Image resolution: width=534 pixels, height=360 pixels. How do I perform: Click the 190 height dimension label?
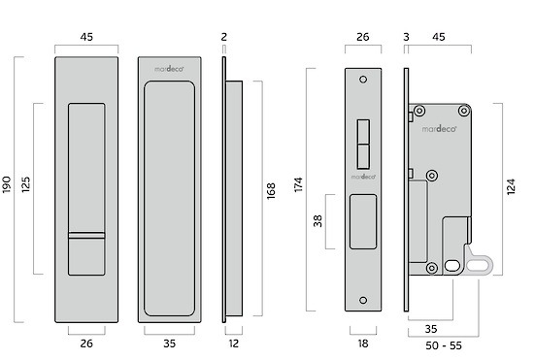click(7, 184)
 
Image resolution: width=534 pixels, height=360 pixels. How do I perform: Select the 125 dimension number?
click(26, 184)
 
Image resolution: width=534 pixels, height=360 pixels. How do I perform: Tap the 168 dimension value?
click(271, 191)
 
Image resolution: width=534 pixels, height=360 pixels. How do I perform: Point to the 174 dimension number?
click(298, 184)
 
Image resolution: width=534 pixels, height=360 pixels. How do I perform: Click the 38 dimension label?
click(317, 221)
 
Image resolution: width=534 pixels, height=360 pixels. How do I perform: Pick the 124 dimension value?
click(511, 187)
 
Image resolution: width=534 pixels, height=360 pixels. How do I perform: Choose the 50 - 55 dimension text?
click(444, 345)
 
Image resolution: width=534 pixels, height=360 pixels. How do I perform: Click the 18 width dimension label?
click(363, 344)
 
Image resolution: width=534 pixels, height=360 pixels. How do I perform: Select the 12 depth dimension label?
click(234, 344)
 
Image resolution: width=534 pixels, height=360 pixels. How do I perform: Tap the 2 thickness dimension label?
click(223, 37)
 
